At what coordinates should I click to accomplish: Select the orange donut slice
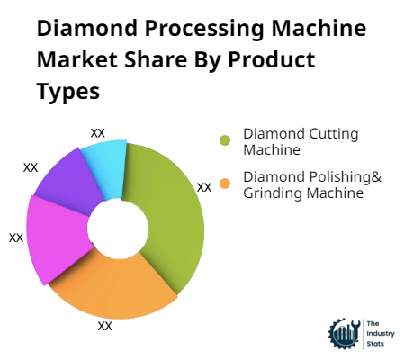[x=117, y=283]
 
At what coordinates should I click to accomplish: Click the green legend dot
[x=224, y=139]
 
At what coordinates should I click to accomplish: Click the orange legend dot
[x=224, y=184]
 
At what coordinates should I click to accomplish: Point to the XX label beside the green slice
[x=204, y=187]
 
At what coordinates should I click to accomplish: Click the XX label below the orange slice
[x=105, y=326]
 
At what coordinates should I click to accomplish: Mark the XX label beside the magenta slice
[x=16, y=238]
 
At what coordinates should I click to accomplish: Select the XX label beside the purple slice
[x=31, y=167]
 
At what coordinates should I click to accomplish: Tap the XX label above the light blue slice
[x=98, y=132]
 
